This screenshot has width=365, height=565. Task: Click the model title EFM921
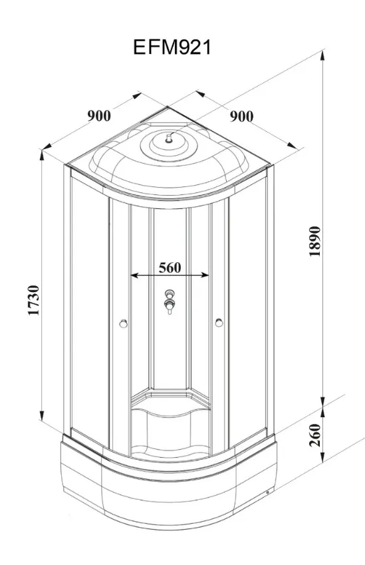point(172,47)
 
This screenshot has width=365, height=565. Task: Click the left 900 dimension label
point(99,116)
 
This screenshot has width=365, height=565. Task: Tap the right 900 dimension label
point(241,116)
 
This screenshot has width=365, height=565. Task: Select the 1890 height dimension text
point(314,241)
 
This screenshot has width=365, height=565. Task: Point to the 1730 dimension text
point(33,300)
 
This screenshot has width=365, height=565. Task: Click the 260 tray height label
point(314,435)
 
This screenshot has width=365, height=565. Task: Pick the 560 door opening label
point(170,268)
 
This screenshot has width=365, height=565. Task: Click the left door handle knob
point(124,323)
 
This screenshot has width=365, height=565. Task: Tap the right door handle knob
point(219,323)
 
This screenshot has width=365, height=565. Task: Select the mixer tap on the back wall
point(169,301)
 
